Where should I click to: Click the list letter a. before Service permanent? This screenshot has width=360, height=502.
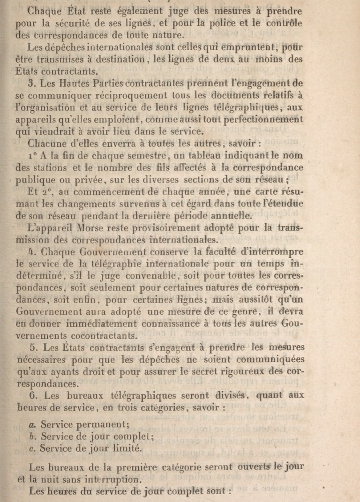pyautogui.click(x=33, y=425)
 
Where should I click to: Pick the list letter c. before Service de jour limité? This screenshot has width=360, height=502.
pyautogui.click(x=32, y=448)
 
